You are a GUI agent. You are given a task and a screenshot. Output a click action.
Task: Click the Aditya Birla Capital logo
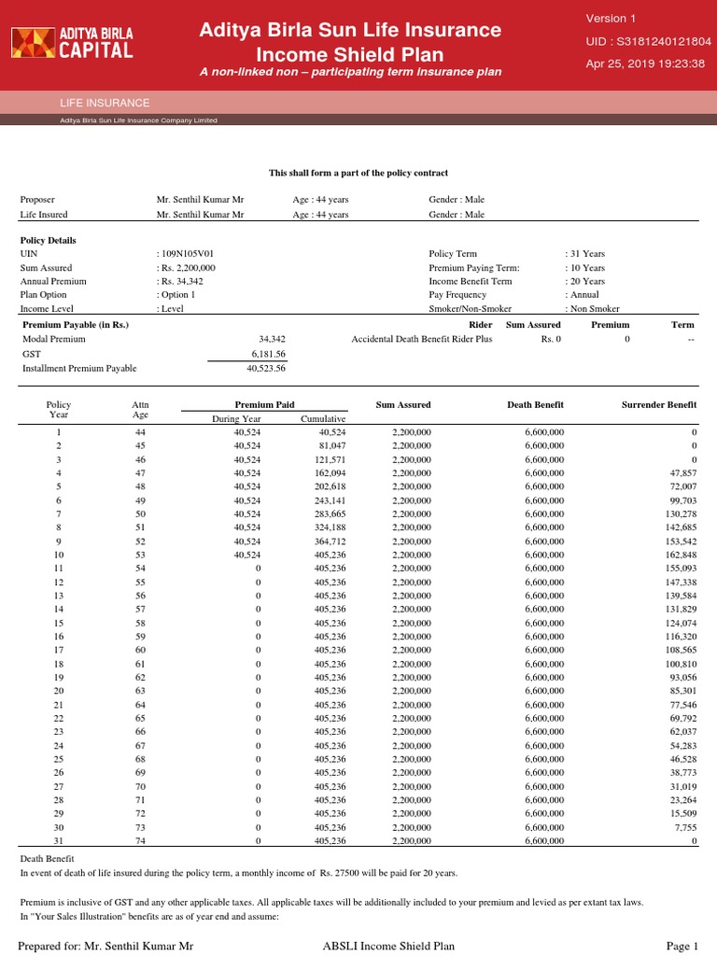point(72,42)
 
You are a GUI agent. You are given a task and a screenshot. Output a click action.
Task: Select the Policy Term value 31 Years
point(585,253)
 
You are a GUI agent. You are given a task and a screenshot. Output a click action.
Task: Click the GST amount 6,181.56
point(268,355)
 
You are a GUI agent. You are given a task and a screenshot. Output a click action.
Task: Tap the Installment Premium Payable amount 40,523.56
point(265,369)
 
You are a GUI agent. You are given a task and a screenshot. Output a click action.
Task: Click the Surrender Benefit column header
point(659,404)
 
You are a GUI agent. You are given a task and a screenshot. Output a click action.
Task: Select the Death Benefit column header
point(535,404)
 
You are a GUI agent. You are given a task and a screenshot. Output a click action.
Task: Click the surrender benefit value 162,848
point(679,555)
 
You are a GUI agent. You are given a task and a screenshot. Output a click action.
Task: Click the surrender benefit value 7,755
point(683,827)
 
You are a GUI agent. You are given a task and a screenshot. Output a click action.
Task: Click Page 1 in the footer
point(682,946)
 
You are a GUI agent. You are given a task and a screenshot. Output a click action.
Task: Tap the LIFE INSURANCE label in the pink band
point(105,103)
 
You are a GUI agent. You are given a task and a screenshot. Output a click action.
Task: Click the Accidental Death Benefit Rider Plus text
point(421,339)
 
